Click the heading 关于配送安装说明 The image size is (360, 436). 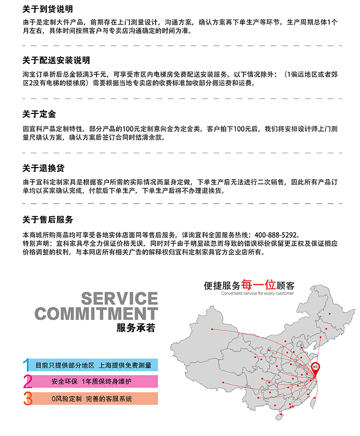tap(56, 61)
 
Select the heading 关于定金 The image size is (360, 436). tap(39, 114)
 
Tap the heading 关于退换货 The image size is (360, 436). tap(43, 168)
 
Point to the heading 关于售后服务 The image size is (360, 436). tap(48, 220)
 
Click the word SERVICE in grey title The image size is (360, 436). tap(119, 298)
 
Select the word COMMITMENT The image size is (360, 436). tap(96, 314)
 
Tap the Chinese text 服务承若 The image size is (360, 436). tap(136, 328)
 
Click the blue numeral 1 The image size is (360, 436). tap(27, 364)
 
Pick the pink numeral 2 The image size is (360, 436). tap(28, 381)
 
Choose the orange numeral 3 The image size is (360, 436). tap(28, 398)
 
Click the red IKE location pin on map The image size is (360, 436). tap(316, 368)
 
